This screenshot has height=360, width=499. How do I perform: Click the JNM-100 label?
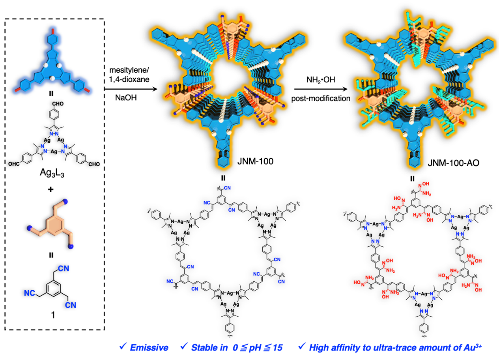point(255,161)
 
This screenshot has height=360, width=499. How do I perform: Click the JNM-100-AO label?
point(454,163)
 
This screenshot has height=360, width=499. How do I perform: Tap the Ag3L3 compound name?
point(52,173)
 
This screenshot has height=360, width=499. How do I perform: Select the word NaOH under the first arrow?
point(126,97)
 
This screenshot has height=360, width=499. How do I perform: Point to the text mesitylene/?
point(129,70)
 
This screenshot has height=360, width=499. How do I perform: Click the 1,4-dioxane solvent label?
point(129,79)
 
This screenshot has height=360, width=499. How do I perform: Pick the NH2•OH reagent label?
point(321,80)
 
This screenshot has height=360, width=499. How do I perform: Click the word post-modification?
point(321,98)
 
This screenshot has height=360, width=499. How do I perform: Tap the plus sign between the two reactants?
point(50,189)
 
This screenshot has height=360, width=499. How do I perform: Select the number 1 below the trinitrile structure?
point(53,315)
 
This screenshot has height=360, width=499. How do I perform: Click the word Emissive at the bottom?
point(149,347)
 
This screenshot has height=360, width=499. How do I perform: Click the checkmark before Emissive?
point(123,347)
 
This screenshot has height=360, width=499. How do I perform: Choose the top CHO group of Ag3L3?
point(58,104)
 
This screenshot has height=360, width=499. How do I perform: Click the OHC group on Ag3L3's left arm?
point(14,164)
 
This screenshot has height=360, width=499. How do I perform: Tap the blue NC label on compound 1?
point(30,293)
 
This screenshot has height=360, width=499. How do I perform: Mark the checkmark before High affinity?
point(302,347)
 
